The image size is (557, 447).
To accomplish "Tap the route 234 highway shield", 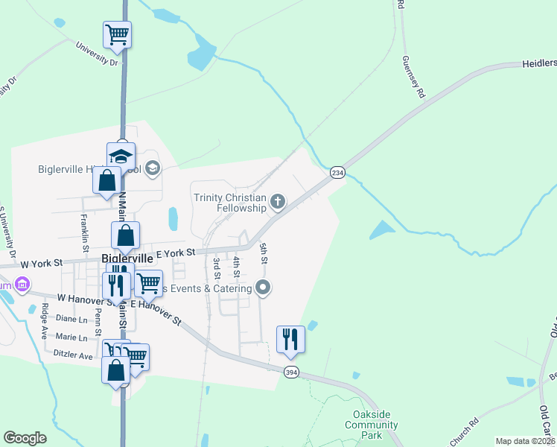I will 337,172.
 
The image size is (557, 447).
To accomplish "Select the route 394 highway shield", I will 290,372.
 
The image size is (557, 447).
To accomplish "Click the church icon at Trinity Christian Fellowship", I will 278,200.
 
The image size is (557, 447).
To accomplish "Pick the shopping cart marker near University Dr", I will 118,34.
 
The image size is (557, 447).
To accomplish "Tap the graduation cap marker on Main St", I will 121,156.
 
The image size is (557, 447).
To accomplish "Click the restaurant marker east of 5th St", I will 290,339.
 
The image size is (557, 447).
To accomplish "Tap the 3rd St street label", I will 217,264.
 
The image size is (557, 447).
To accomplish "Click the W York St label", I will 44,263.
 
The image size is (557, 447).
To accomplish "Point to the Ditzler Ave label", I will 72,355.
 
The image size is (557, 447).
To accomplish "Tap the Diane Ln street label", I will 71,318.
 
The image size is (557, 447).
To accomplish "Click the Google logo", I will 25,438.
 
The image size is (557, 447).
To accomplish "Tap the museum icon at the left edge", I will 22,285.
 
